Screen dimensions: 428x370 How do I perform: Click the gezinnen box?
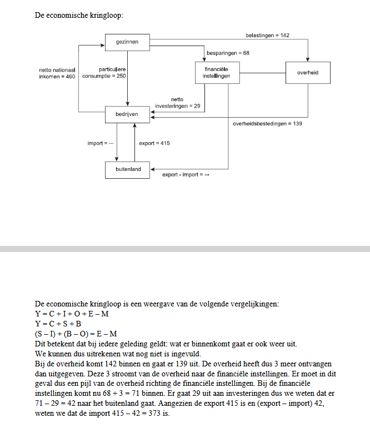pyautogui.click(x=128, y=42)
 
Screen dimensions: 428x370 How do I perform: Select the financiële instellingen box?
pyautogui.click(x=217, y=73)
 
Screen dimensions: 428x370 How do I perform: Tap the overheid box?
pyautogui.click(x=307, y=73)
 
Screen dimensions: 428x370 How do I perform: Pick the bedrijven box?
pyautogui.click(x=128, y=114)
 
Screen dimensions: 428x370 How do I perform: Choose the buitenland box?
pyautogui.click(x=128, y=169)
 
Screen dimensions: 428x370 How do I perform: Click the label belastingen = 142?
pyautogui.click(x=267, y=35)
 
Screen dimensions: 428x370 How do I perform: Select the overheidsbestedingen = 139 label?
pyautogui.click(x=267, y=123)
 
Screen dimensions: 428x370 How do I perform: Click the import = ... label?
pyautogui.click(x=101, y=143)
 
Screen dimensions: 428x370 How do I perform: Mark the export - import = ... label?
pyautogui.click(x=186, y=175)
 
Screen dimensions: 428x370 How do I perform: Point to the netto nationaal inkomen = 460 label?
pyautogui.click(x=56, y=73)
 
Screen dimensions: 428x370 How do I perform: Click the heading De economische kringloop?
pyautogui.click(x=79, y=14)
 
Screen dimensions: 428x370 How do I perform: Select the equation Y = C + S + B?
pyautogui.click(x=58, y=323)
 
